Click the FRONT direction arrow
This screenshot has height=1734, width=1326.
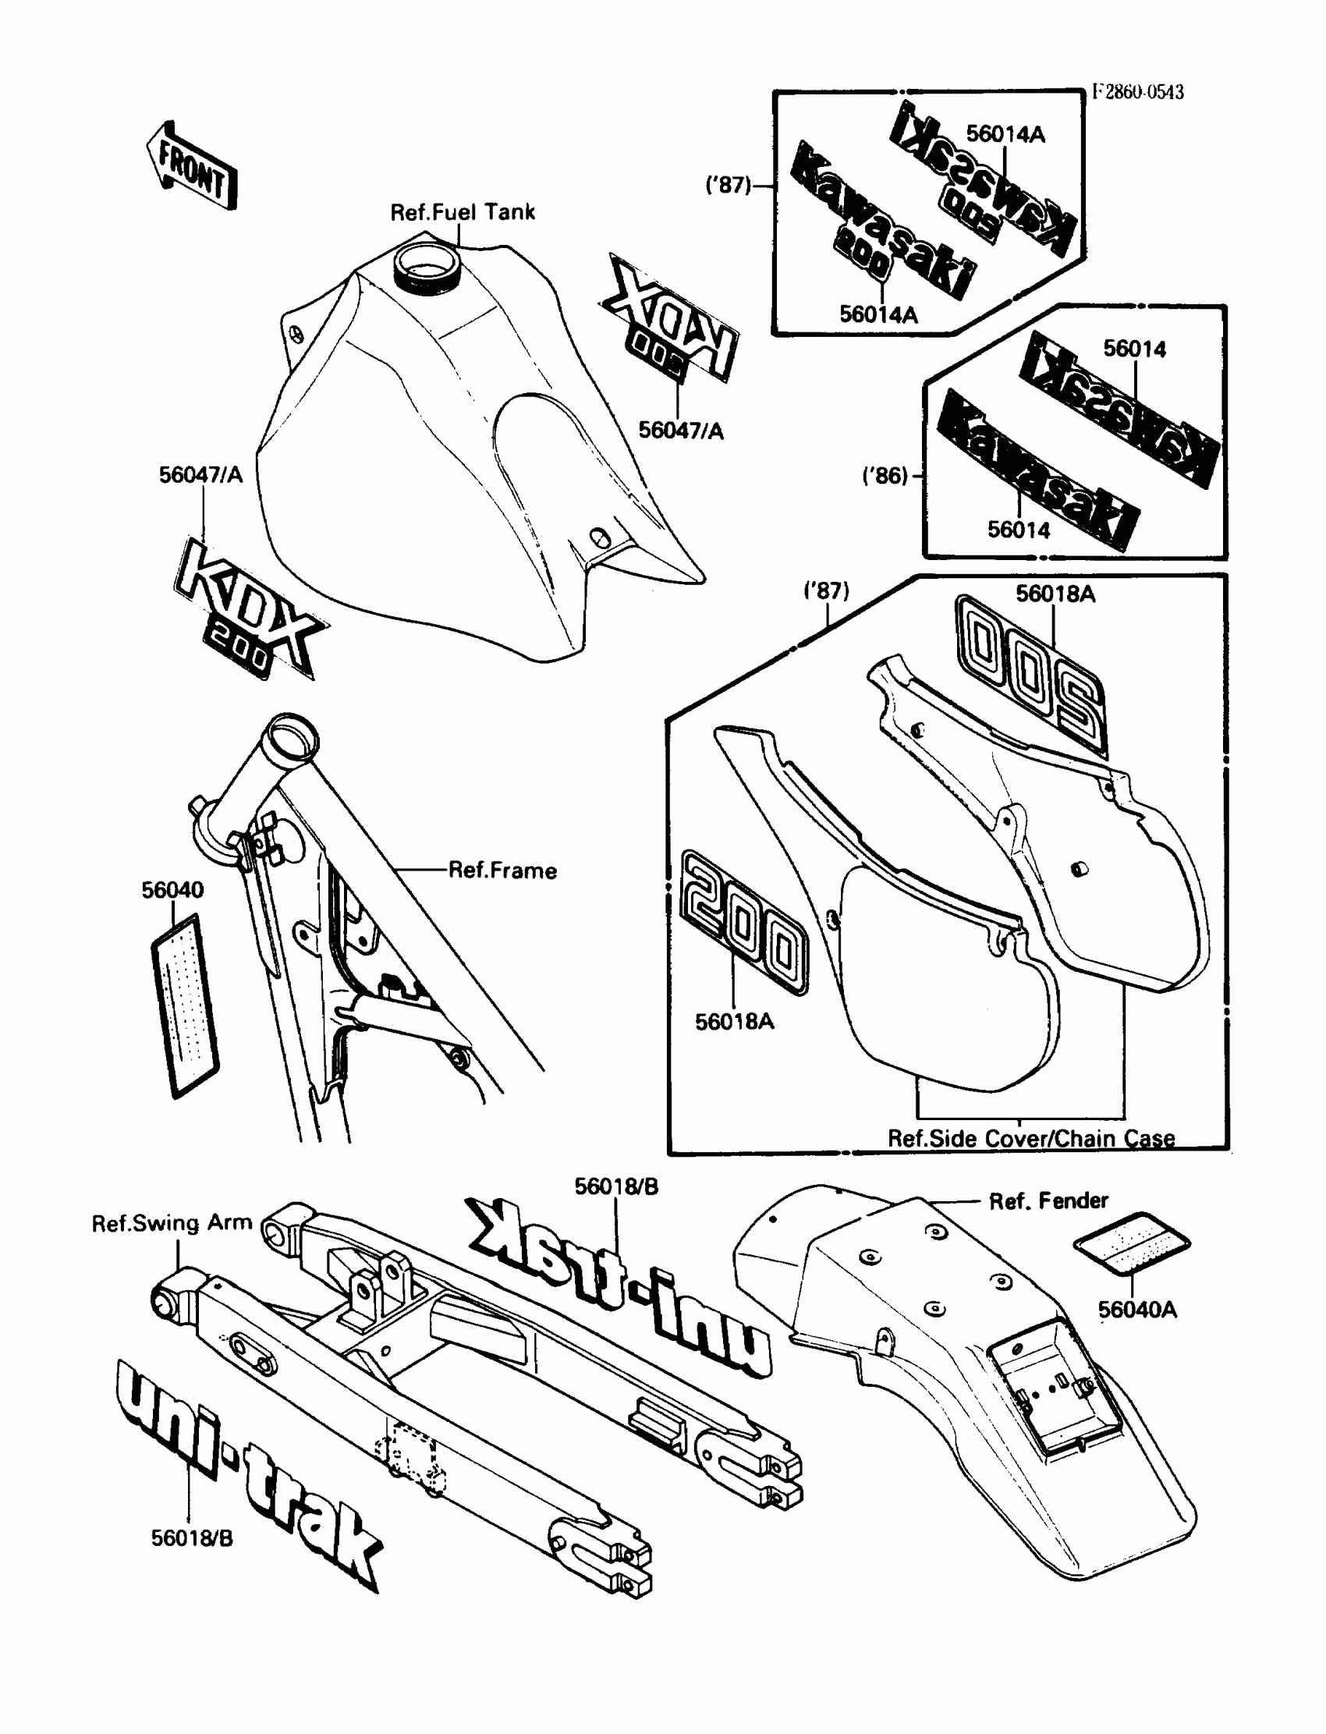pyautogui.click(x=192, y=166)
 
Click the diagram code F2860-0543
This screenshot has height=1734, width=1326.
pyautogui.click(x=1137, y=92)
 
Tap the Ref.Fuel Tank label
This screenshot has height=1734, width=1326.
pyautogui.click(x=463, y=211)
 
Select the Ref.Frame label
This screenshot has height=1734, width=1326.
pyautogui.click(x=502, y=871)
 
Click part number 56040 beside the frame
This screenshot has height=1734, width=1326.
pyautogui.click(x=172, y=889)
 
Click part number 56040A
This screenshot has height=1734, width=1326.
pyautogui.click(x=1136, y=1310)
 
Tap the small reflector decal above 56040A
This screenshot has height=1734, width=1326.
pyautogui.click(x=1132, y=1244)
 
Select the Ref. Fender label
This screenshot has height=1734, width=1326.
pyautogui.click(x=1048, y=1200)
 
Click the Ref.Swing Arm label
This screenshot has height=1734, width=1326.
pyautogui.click(x=172, y=1222)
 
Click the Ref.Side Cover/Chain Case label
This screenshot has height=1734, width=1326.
pyautogui.click(x=1031, y=1138)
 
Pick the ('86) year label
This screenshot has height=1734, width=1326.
pyautogui.click(x=885, y=476)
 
